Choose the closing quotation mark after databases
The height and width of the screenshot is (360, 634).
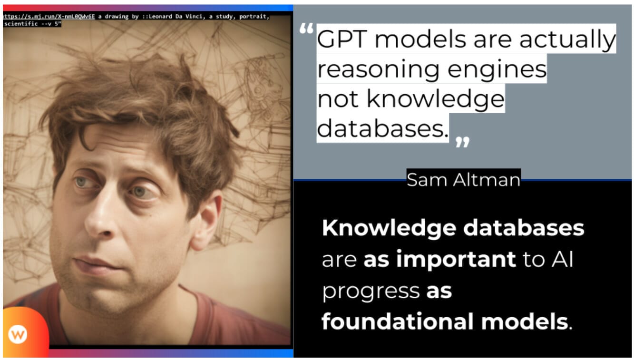pos(462,141)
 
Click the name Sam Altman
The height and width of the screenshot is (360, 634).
pos(463,180)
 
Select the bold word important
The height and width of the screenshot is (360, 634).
pos(440,260)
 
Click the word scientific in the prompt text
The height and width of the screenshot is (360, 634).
pos(21,23)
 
